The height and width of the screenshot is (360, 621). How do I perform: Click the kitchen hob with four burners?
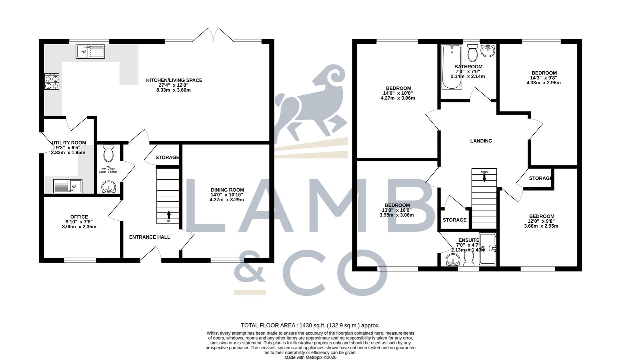52,81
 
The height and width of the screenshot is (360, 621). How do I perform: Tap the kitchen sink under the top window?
90,51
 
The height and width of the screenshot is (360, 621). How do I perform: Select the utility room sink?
68,186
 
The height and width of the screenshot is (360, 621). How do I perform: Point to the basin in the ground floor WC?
108,187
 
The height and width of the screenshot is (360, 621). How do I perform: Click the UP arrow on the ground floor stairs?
169,215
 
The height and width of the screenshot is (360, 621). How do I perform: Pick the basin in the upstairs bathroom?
488,51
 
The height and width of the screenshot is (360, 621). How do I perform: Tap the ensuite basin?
452,259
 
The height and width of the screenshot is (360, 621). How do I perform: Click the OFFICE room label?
79,217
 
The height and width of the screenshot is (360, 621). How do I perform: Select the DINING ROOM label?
227,190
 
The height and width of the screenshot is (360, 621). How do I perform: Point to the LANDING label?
481,141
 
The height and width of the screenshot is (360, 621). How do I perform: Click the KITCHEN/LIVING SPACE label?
174,80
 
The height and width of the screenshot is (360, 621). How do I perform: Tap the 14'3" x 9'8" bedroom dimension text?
544,78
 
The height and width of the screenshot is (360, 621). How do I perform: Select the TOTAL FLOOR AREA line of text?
310,325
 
